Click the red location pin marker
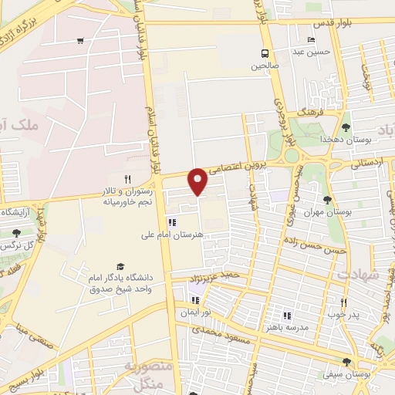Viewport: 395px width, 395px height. click(198, 181)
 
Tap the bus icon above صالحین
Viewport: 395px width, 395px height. click(265, 53)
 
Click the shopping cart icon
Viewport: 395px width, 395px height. click(81, 41)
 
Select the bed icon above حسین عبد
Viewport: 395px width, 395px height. click(311, 39)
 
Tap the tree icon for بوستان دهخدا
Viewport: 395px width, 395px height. click(345, 126)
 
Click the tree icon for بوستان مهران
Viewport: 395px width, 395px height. click(328, 200)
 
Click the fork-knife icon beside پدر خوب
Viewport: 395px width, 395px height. click(343, 302)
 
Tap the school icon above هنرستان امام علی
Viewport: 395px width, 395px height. click(171, 223)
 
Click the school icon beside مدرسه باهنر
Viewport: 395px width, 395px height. click(286, 315)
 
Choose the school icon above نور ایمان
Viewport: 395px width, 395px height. click(193, 299)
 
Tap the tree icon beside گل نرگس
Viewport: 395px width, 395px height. click(17, 232)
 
